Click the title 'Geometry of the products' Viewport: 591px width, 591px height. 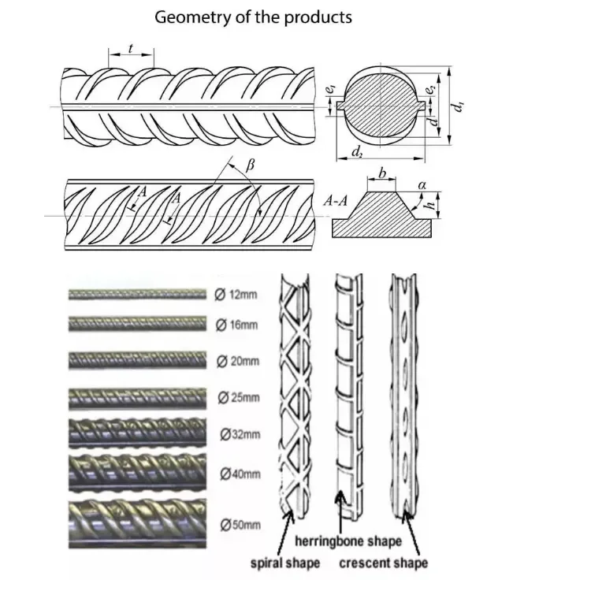(x=253, y=17)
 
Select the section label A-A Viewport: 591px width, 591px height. (x=335, y=202)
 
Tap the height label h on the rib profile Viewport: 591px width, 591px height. (x=430, y=206)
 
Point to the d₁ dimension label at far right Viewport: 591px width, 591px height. (x=461, y=105)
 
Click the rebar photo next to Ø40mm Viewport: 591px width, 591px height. (x=138, y=471)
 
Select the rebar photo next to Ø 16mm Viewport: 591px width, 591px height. (x=138, y=324)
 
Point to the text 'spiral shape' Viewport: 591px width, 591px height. (x=285, y=563)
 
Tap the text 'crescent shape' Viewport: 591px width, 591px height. (x=384, y=563)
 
